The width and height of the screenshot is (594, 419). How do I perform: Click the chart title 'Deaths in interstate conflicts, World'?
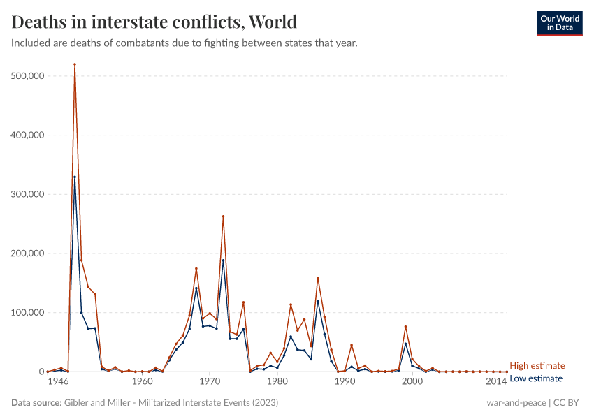click(x=154, y=22)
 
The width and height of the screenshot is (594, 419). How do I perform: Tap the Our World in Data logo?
click(x=559, y=23)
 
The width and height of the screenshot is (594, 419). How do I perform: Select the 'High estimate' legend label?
click(x=537, y=365)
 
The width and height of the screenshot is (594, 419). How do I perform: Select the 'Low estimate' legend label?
click(x=536, y=378)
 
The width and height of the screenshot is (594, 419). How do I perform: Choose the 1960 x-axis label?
click(x=142, y=382)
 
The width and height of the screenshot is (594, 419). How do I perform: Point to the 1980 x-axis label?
click(x=277, y=382)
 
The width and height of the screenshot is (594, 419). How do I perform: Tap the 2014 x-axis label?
click(x=496, y=382)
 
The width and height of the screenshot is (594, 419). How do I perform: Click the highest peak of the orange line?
click(x=75, y=64)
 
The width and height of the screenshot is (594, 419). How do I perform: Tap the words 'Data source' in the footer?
click(x=36, y=403)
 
